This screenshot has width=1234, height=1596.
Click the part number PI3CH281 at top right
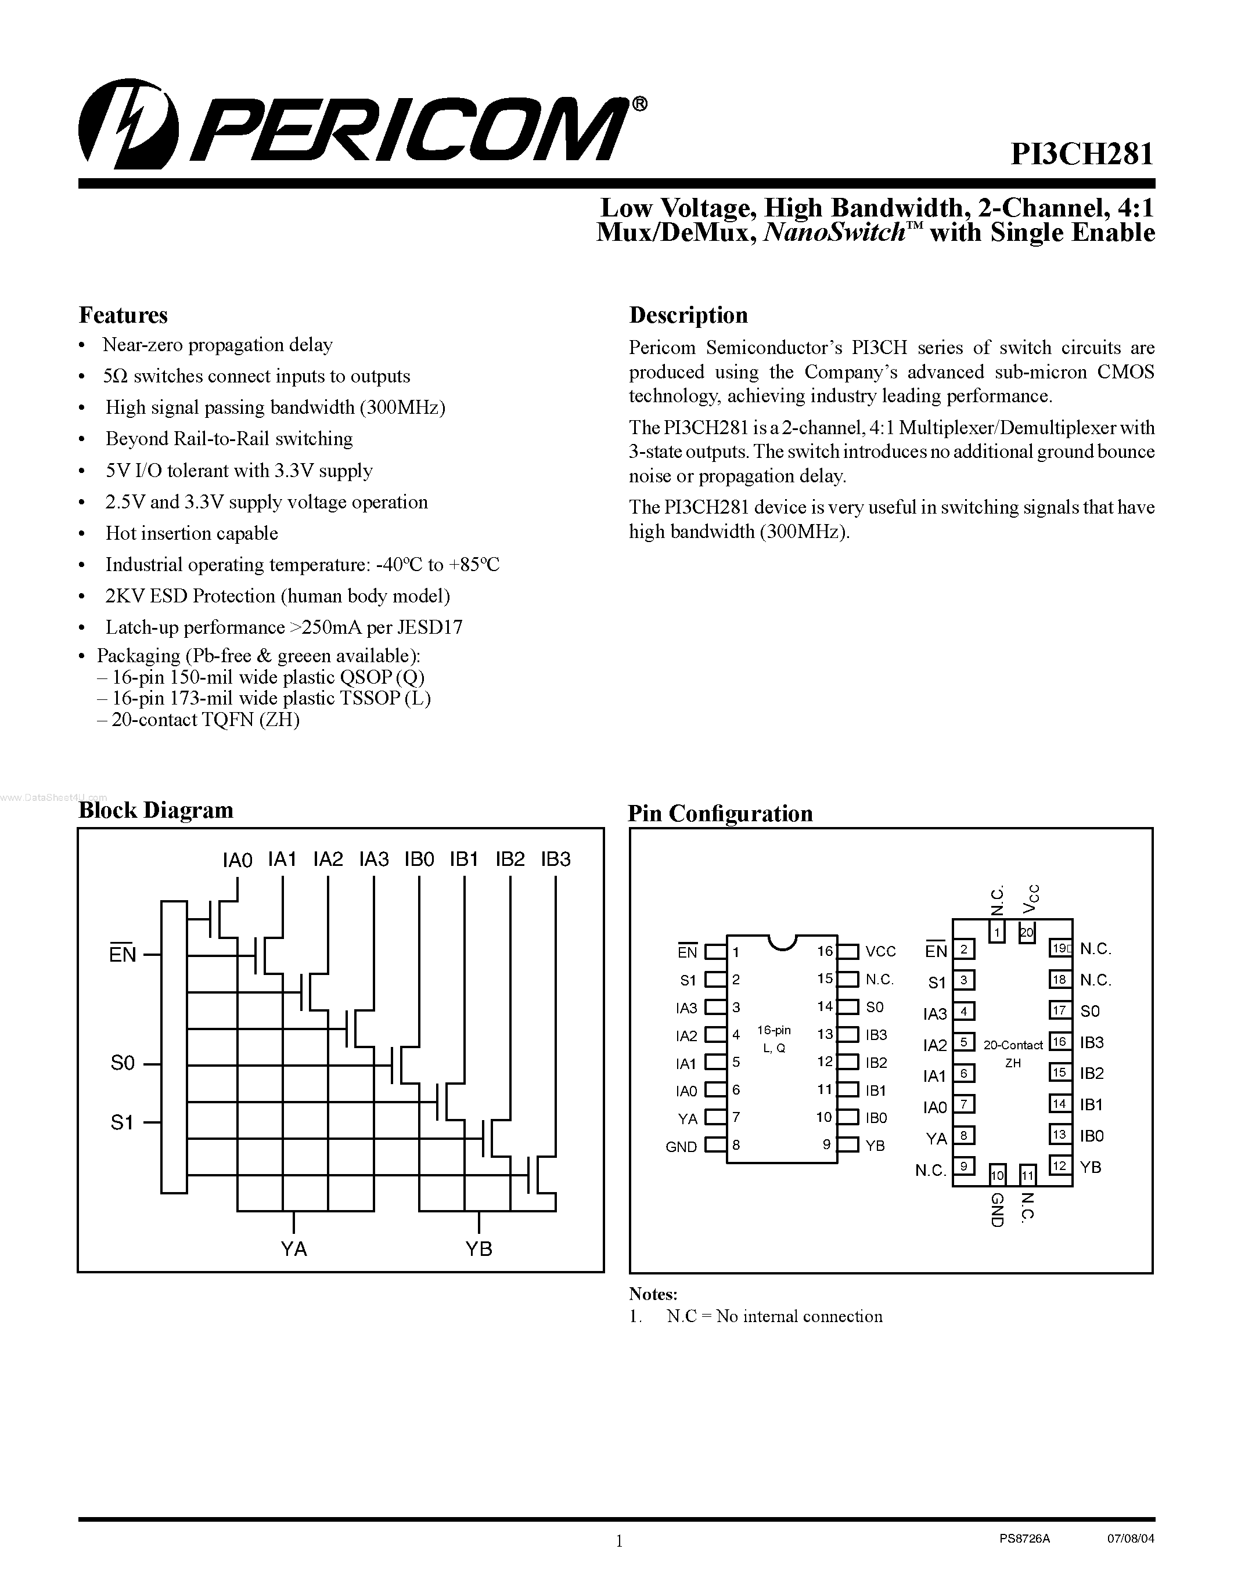(1081, 155)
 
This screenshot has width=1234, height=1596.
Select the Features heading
(123, 315)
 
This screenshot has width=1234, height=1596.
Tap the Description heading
(688, 315)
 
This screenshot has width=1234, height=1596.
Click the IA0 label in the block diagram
(237, 860)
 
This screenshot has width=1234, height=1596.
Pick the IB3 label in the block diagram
(556, 860)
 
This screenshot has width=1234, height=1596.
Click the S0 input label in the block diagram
(123, 1063)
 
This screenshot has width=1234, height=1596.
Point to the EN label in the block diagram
(123, 954)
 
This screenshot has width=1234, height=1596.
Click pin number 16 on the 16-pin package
(825, 951)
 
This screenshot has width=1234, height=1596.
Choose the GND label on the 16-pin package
(681, 1147)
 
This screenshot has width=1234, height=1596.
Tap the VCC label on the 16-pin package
(880, 951)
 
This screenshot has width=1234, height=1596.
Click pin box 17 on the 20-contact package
(1059, 1010)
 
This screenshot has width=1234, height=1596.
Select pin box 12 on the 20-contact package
(1059, 1165)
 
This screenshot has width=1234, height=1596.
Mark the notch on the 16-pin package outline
(782, 942)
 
